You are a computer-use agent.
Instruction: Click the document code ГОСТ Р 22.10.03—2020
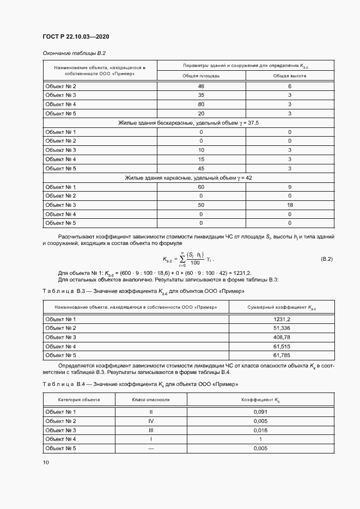(76, 37)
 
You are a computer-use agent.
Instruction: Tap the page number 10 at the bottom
(46, 462)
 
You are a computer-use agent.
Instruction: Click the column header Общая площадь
(201, 76)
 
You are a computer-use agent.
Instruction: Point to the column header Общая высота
(289, 76)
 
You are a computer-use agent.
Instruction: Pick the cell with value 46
(201, 87)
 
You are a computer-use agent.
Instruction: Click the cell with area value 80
(201, 104)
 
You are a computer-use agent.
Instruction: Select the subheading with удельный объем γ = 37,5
(188, 123)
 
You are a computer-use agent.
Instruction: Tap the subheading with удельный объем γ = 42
(188, 177)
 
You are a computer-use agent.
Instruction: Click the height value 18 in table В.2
(289, 205)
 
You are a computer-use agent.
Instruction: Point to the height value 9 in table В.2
(289, 187)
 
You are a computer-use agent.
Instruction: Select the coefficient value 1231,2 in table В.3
(282, 319)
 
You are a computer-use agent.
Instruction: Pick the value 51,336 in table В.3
(282, 328)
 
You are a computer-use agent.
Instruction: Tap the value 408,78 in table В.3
(282, 338)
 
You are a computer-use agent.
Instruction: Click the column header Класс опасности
(151, 400)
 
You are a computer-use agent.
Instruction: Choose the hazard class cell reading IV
(151, 421)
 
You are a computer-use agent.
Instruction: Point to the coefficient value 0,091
(260, 412)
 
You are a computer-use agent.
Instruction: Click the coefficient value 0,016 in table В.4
(260, 430)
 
